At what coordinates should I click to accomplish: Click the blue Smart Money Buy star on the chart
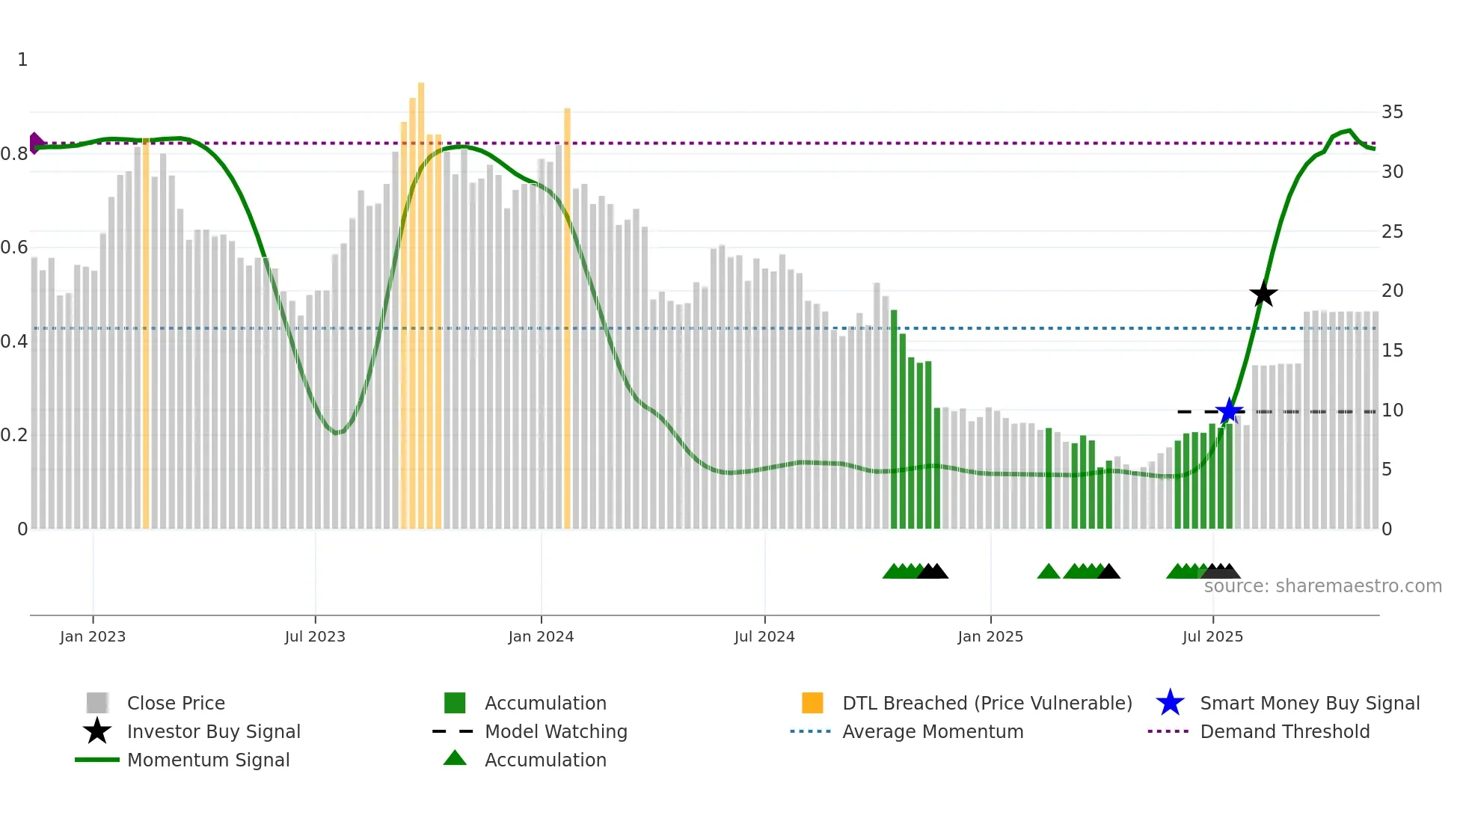[x=1229, y=411]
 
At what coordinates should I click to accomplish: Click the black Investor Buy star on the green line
[x=1263, y=294]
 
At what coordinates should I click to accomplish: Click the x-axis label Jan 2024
[x=541, y=636]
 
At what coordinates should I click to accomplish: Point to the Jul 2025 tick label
[x=1212, y=636]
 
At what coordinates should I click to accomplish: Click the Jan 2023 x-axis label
[x=93, y=636]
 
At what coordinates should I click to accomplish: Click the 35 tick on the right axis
[x=1392, y=112]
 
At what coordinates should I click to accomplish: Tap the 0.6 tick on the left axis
[x=14, y=247]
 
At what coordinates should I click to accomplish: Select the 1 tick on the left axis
[x=22, y=60]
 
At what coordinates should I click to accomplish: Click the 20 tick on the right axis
[x=1392, y=291]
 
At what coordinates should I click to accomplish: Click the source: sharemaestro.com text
[x=1322, y=586]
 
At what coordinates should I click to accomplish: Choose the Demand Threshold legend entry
[x=1284, y=731]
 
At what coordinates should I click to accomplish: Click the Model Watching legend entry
[x=556, y=731]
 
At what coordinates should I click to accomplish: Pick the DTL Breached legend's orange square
[x=812, y=703]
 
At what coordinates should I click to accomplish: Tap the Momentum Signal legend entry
[x=208, y=760]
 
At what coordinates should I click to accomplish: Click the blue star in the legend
[x=1170, y=703]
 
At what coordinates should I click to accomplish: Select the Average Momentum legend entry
[x=932, y=731]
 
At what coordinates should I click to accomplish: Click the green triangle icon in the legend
[x=455, y=758]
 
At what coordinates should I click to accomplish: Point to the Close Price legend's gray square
[x=97, y=703]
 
